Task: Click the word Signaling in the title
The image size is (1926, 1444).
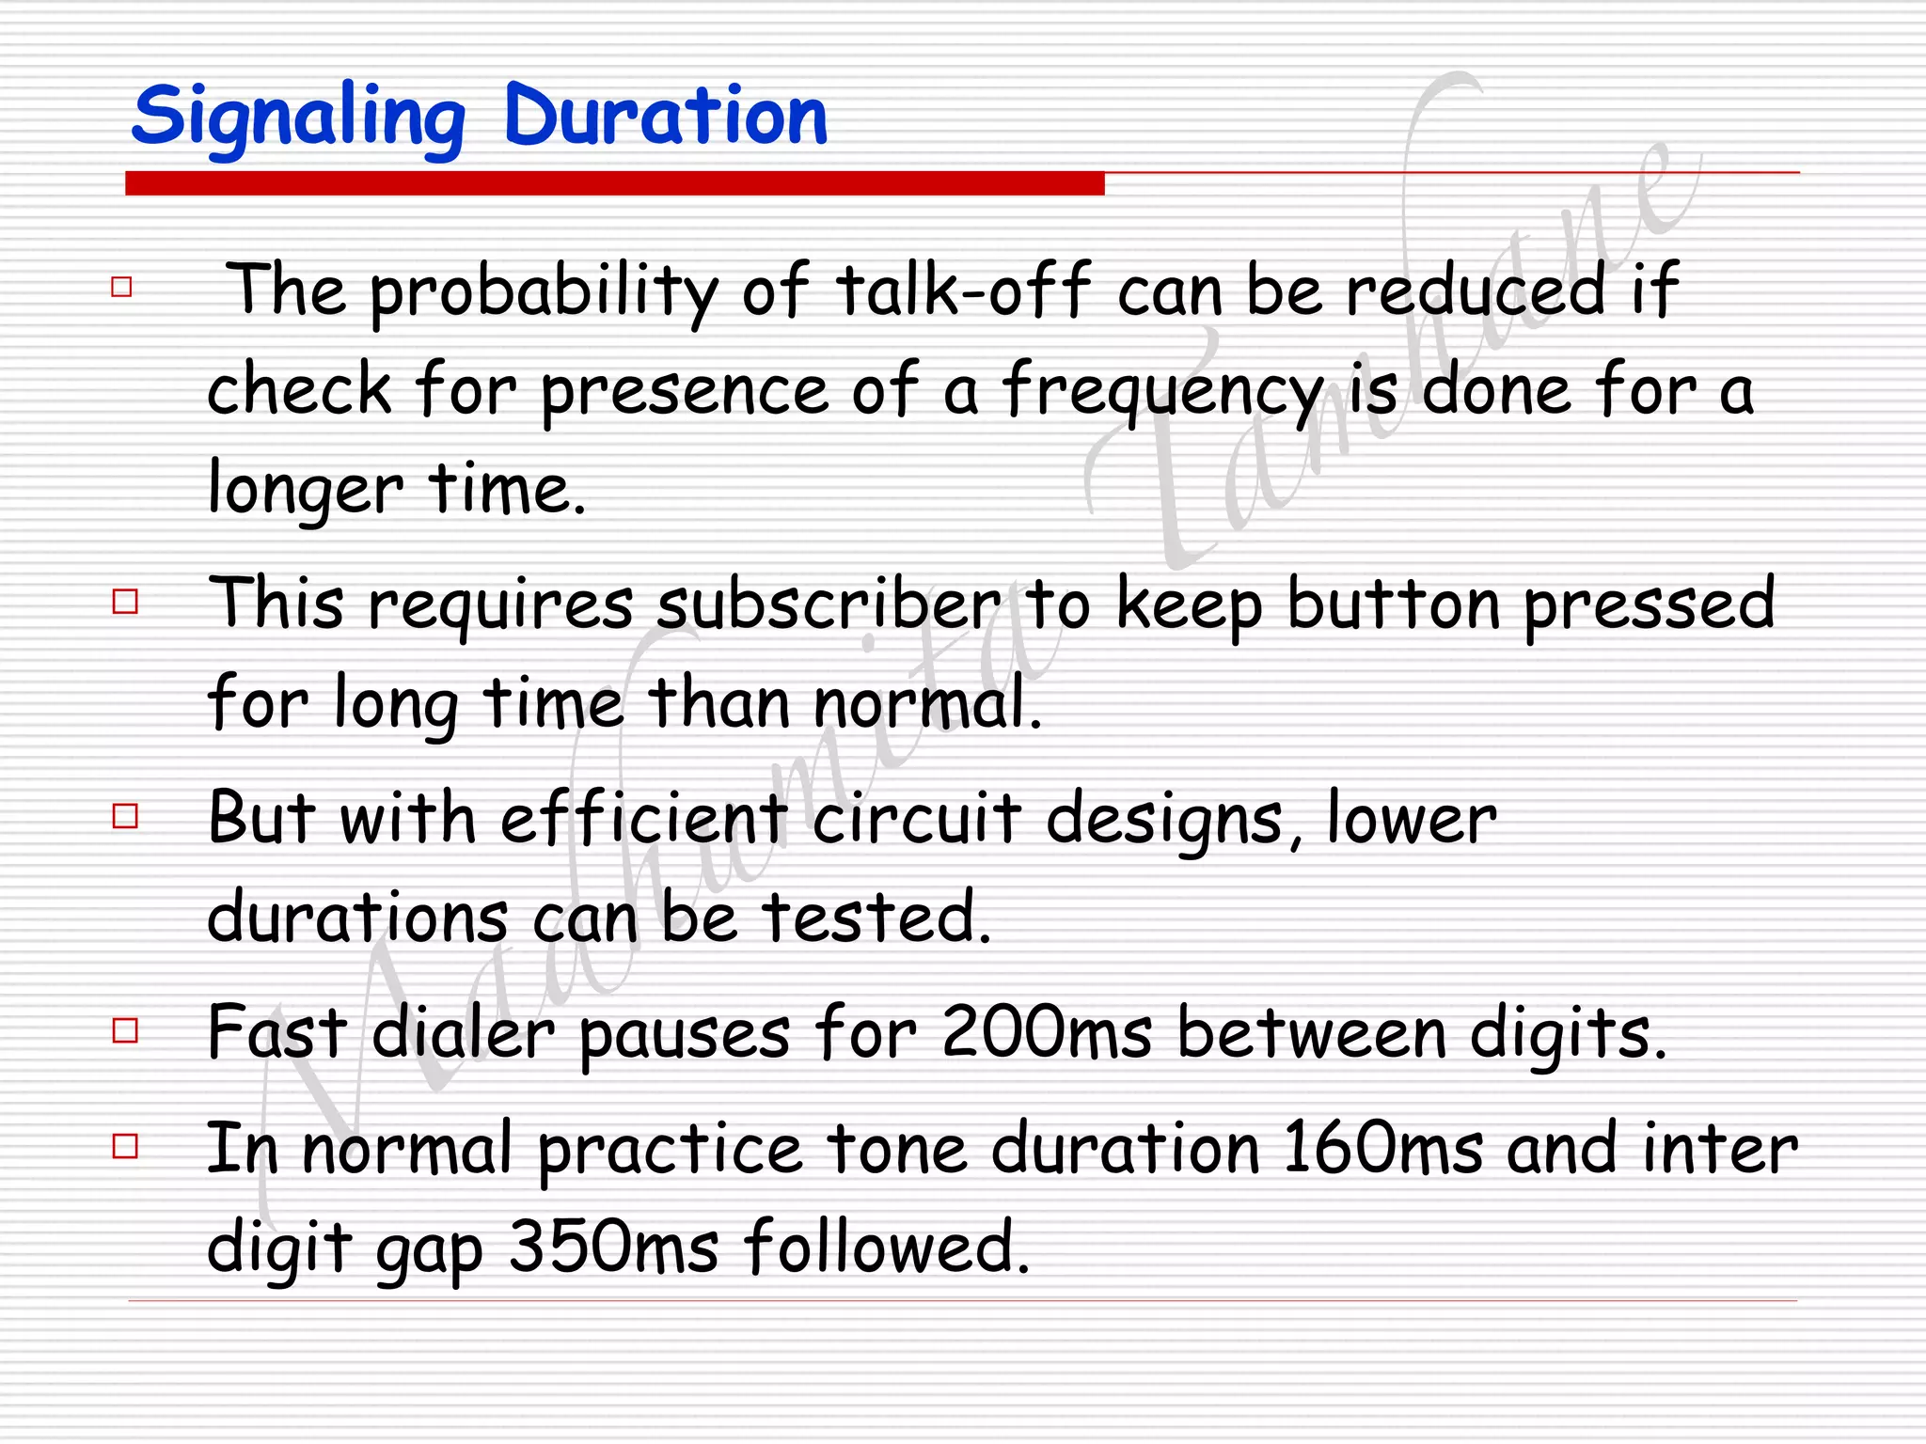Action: pos(299,118)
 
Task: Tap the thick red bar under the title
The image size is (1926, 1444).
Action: pos(614,183)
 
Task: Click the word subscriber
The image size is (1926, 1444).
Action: pos(829,604)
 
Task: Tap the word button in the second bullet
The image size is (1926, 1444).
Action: pos(1393,604)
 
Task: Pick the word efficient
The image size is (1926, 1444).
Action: pos(643,818)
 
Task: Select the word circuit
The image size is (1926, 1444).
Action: pos(916,818)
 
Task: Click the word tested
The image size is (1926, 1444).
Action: pos(876,918)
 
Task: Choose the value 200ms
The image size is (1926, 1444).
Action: pos(1047,1033)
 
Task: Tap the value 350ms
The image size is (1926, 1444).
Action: pos(614,1248)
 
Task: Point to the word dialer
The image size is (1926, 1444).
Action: pos(464,1033)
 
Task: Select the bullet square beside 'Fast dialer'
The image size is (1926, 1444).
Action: pos(125,1030)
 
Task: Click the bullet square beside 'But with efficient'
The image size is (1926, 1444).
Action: pos(125,815)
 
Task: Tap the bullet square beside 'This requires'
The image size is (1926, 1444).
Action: pos(125,601)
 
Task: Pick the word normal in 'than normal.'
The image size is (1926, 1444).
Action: pos(927,703)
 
